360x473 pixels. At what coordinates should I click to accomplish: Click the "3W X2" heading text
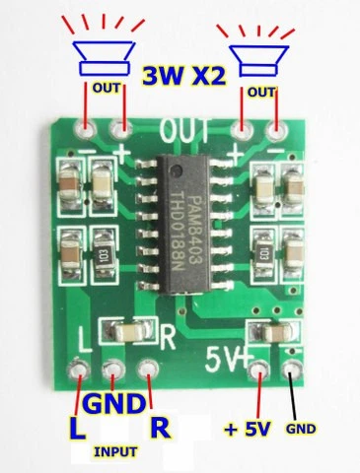tap(184, 76)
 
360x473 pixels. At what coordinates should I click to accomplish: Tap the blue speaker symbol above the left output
tap(104, 58)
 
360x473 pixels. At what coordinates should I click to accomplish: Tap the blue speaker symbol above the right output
tap(258, 61)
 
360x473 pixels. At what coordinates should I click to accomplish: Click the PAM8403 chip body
tap(182, 225)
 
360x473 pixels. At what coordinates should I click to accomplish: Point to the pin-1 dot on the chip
tap(177, 170)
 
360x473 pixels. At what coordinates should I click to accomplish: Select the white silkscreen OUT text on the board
tap(184, 131)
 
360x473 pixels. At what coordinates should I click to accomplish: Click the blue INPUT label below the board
tap(115, 452)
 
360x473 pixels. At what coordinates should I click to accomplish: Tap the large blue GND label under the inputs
tap(113, 404)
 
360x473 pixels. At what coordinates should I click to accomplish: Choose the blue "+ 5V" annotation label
tap(248, 429)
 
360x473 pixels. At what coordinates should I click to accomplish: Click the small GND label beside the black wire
tap(301, 429)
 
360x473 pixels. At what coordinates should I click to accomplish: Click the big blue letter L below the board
tap(77, 429)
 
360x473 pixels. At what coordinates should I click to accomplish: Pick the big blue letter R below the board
tap(161, 427)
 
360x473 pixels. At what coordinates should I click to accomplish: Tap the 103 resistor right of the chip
tap(263, 254)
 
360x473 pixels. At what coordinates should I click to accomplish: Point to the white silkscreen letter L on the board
tap(85, 340)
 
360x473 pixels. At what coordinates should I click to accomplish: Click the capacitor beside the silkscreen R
tap(128, 332)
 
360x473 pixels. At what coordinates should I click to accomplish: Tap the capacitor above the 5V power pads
tap(274, 332)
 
